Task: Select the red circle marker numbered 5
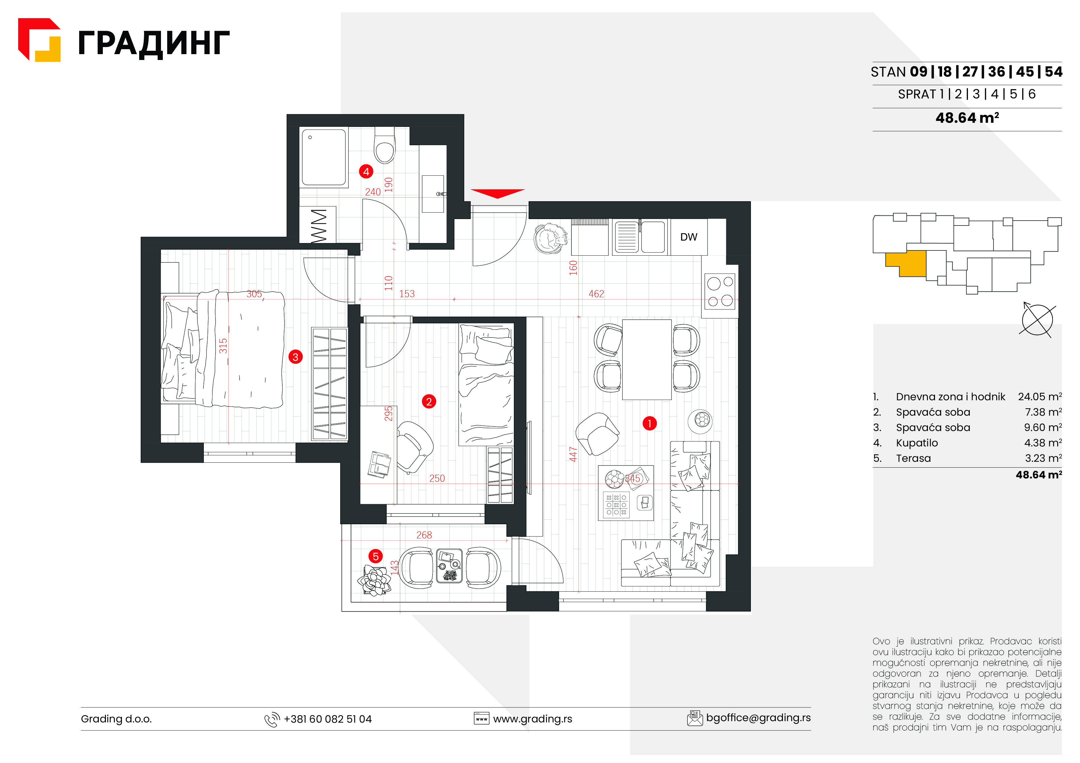point(375,557)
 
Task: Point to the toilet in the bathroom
point(385,145)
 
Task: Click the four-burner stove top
point(720,291)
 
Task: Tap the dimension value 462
point(596,294)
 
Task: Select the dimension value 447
point(573,454)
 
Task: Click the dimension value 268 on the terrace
point(424,535)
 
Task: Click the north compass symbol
point(1037,320)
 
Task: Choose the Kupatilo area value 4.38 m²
point(1043,443)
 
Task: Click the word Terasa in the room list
point(913,458)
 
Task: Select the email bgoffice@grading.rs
point(758,718)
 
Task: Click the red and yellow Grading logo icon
point(39,40)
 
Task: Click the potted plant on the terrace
point(374,580)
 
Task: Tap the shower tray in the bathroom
point(324,157)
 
